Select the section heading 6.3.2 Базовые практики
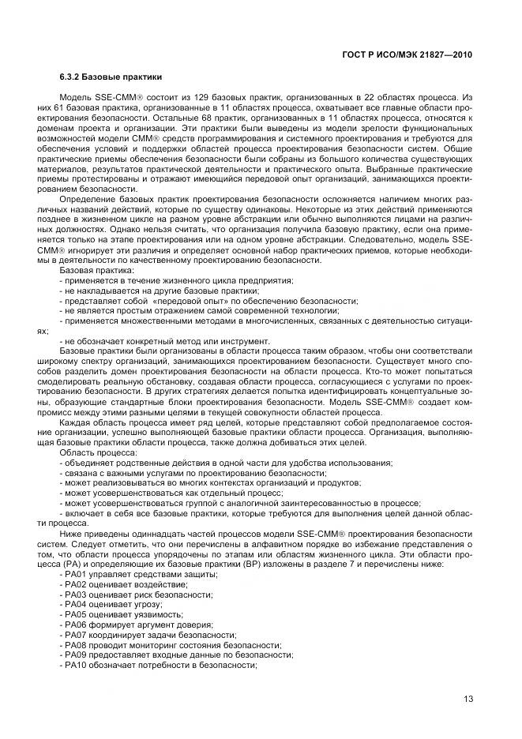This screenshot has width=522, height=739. [111, 77]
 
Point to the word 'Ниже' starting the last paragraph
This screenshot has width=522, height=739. [72, 532]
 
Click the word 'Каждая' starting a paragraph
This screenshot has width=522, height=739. [77, 422]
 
